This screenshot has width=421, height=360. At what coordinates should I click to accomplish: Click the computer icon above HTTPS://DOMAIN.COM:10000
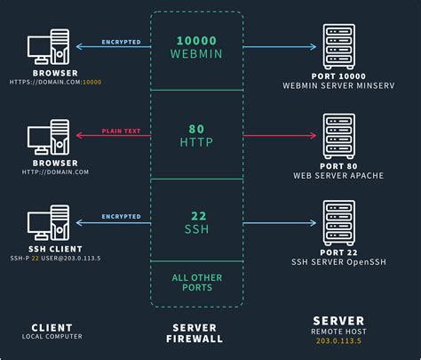tap(50, 49)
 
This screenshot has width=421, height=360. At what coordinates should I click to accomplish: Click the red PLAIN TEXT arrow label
tap(122, 129)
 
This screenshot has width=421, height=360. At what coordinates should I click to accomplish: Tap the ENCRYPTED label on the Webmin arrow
tap(121, 42)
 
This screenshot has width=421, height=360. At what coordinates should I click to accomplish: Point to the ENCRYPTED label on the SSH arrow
tap(121, 215)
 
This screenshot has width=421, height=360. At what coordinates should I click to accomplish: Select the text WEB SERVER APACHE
tap(340, 175)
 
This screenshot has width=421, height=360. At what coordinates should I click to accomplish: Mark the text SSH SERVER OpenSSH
tap(340, 261)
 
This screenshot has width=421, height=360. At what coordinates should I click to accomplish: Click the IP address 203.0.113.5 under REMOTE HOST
tap(340, 340)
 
